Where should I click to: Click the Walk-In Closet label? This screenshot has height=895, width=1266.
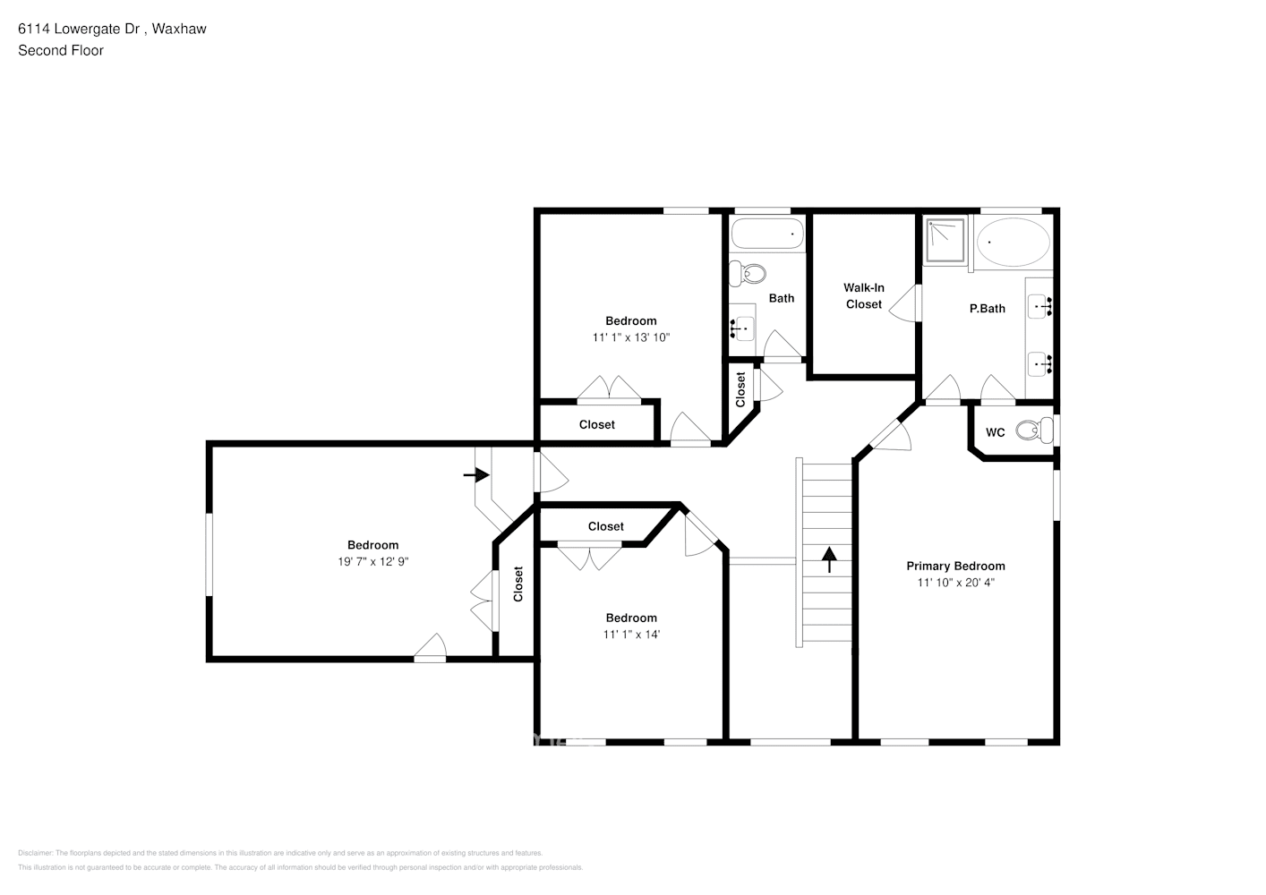[x=863, y=296]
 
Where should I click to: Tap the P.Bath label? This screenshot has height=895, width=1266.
[x=987, y=309]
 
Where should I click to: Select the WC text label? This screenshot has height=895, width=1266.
[x=995, y=432]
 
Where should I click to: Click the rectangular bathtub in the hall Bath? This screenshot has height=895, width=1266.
[x=766, y=236]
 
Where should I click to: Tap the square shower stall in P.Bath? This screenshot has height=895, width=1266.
[x=945, y=240]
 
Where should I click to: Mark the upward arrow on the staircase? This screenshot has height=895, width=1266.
[x=829, y=559]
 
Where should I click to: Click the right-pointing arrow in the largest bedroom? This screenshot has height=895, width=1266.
[x=476, y=474]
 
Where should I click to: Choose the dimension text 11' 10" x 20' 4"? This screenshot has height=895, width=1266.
[x=955, y=583]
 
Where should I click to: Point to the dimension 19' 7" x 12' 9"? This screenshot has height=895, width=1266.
[x=372, y=561]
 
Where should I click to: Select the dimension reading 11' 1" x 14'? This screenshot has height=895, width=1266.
[x=631, y=635]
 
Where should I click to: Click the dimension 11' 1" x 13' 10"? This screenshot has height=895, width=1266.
[x=630, y=337]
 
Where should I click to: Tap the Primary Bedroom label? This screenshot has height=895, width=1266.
[x=955, y=566]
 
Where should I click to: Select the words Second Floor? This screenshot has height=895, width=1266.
[x=61, y=51]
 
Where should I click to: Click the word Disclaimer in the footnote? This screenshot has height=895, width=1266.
[x=35, y=853]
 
